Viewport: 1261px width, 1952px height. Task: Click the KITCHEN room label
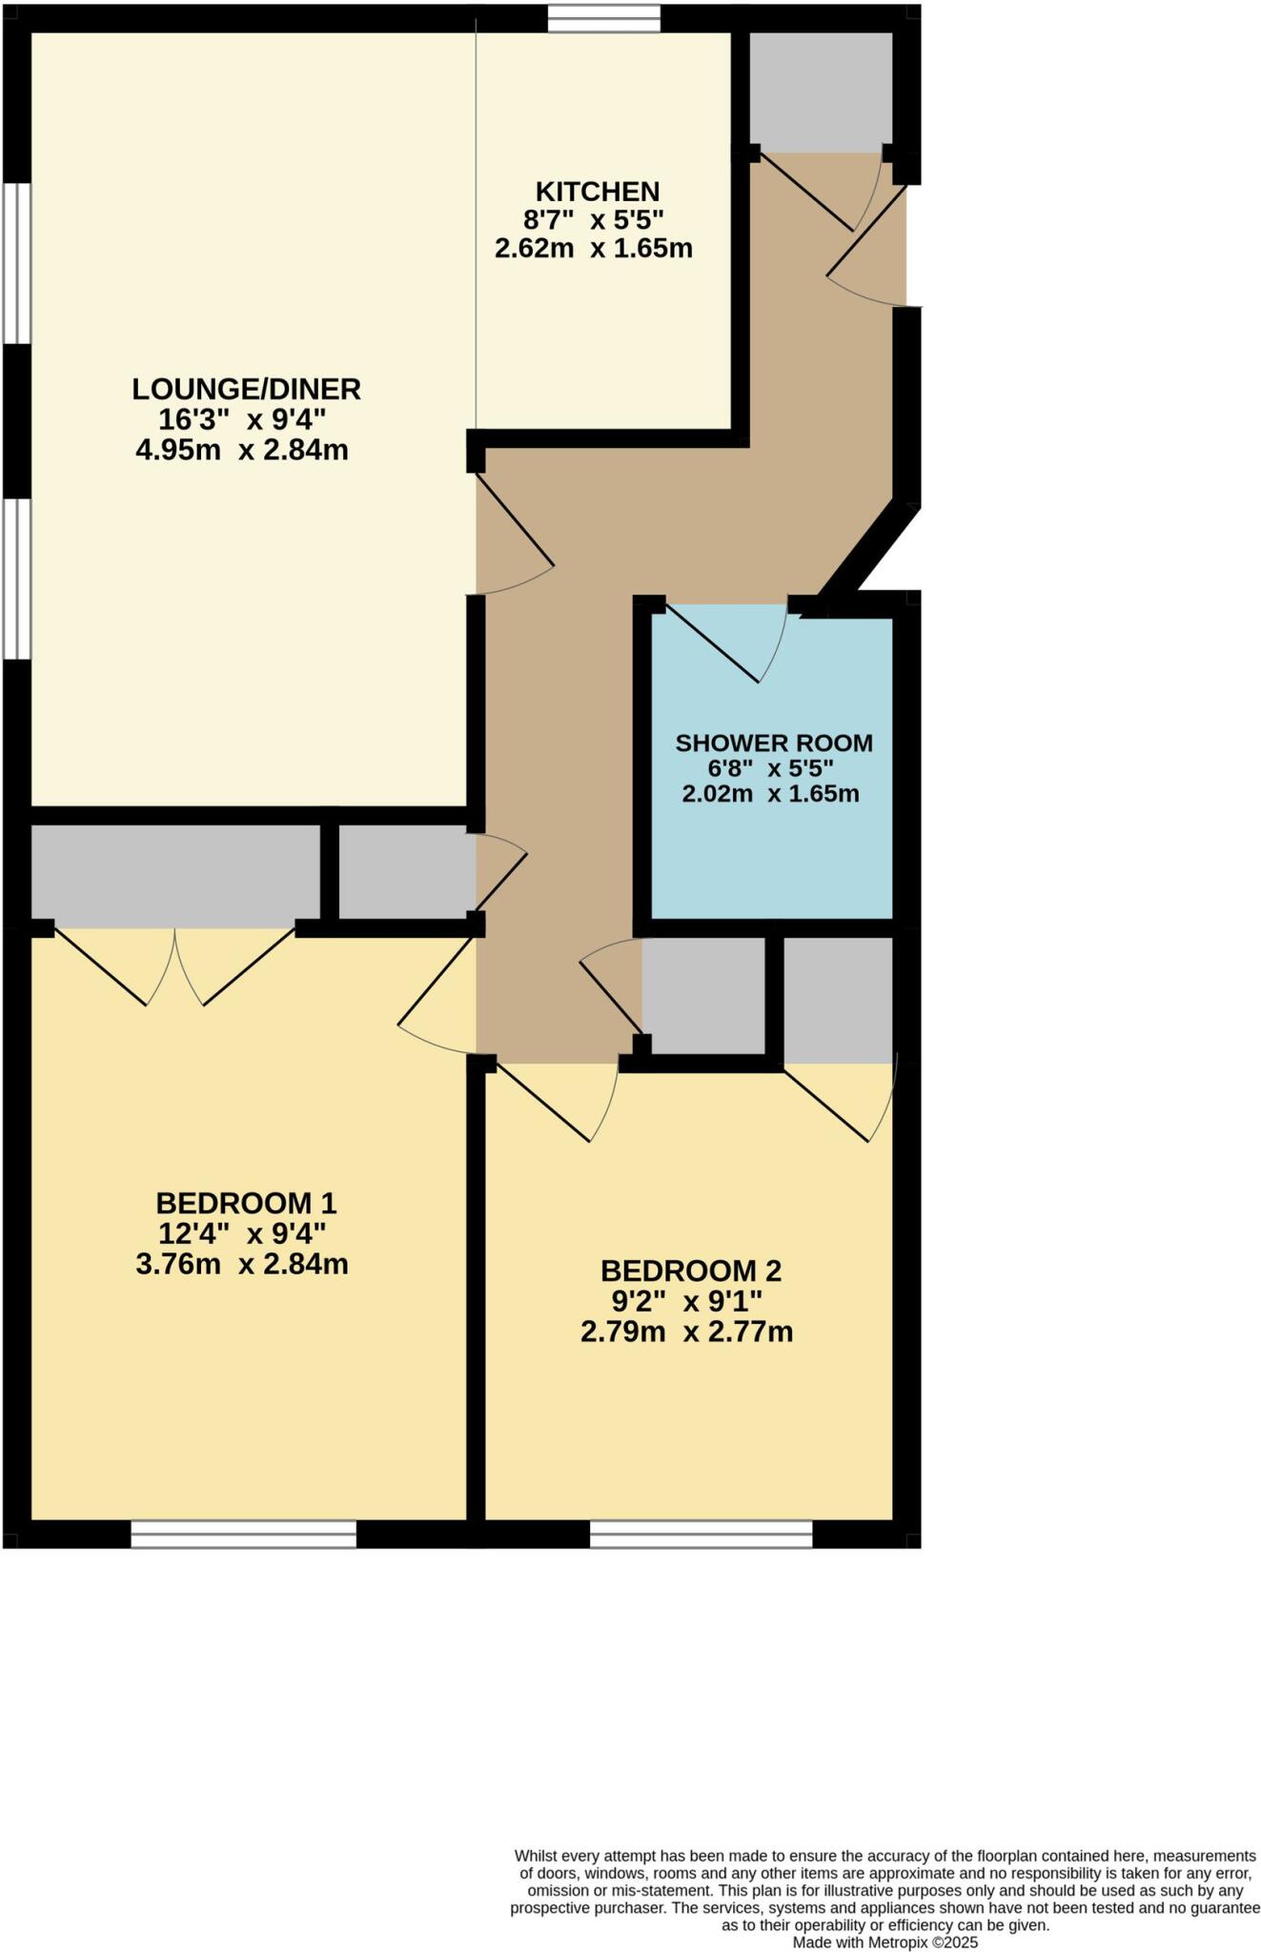[597, 192]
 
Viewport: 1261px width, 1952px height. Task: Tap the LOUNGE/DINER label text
[246, 389]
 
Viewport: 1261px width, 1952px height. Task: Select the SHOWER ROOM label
[774, 742]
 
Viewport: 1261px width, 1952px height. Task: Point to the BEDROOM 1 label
[246, 1203]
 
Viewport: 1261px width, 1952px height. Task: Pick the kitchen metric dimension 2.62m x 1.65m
[593, 250]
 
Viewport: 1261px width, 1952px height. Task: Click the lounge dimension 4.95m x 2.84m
[242, 450]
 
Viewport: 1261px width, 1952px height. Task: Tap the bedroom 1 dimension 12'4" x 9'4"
[242, 1234]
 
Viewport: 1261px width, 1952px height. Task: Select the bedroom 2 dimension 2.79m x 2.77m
[686, 1332]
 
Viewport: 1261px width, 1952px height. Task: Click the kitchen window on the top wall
[604, 18]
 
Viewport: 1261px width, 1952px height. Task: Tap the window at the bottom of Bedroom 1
[243, 1534]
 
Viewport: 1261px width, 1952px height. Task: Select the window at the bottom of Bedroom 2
[701, 1534]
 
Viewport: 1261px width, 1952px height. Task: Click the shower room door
[724, 644]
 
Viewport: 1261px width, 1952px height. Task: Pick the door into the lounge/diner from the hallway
[515, 534]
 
